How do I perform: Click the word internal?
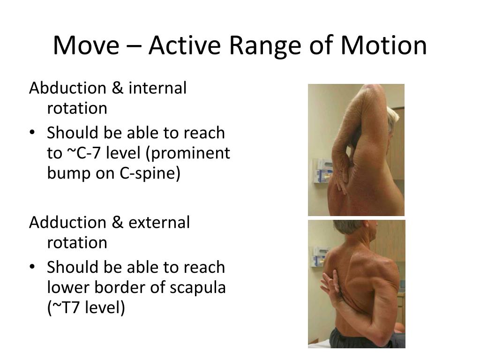[157, 88]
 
